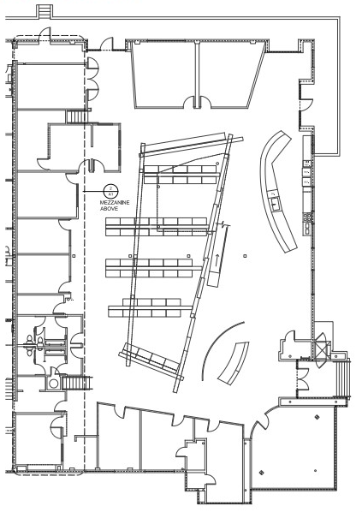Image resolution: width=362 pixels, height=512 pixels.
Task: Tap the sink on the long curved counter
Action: click(x=274, y=202)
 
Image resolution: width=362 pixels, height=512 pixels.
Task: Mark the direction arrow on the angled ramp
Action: click(x=217, y=258)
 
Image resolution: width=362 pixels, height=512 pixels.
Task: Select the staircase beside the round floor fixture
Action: click(x=80, y=382)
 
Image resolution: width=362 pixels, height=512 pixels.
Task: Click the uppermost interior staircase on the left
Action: click(x=78, y=117)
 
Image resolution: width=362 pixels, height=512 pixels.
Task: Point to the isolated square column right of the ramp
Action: click(x=245, y=255)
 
